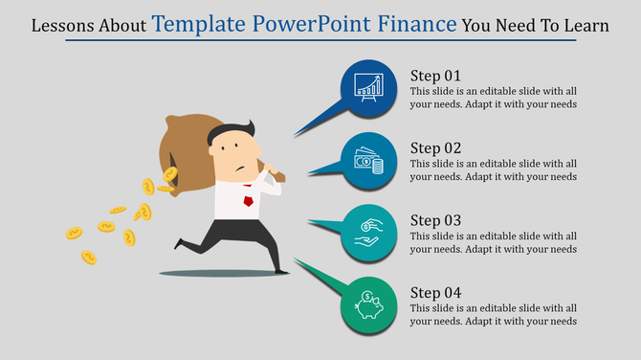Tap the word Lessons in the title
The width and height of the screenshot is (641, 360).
point(63,27)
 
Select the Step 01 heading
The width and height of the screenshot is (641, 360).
point(436,76)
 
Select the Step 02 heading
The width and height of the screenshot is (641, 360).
point(436,147)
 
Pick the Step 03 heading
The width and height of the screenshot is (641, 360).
point(436,219)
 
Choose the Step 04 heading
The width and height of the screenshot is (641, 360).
point(436,291)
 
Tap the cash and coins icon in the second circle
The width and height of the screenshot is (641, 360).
point(369,161)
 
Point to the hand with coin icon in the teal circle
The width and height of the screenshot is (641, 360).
point(369,233)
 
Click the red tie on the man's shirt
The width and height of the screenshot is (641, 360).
point(249,202)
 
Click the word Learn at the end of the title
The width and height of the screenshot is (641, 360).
point(585,27)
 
